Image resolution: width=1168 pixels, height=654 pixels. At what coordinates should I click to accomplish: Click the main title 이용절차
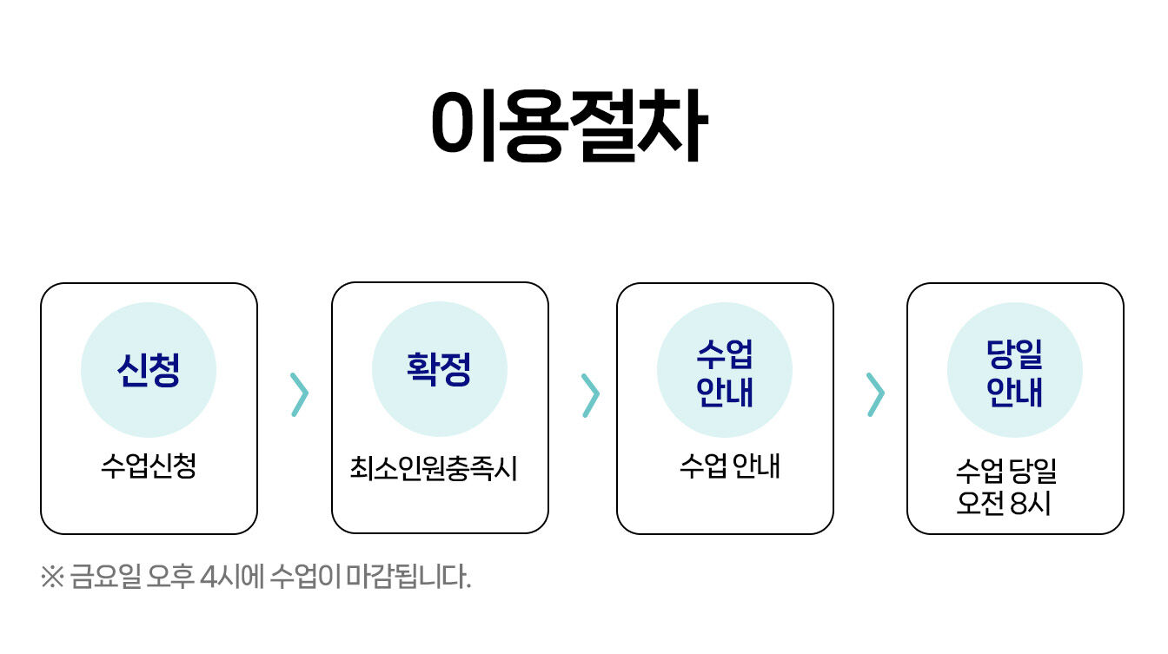tap(569, 126)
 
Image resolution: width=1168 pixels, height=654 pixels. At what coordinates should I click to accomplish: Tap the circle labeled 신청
tap(149, 370)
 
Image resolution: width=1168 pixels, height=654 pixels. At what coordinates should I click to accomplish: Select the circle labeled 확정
tap(440, 369)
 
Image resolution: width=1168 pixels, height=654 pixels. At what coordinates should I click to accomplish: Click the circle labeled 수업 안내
tap(725, 370)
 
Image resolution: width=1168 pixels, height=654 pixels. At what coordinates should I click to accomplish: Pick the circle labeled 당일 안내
tap(1015, 370)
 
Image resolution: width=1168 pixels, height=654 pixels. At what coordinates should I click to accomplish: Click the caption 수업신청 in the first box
tap(149, 466)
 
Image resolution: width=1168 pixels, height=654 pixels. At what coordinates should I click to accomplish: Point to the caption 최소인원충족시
tap(434, 468)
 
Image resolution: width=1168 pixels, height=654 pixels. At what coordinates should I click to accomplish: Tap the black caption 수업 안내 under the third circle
tap(729, 466)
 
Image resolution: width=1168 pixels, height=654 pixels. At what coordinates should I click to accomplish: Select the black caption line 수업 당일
tap(1006, 471)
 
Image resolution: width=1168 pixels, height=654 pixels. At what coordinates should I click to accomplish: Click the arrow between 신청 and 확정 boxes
tap(300, 394)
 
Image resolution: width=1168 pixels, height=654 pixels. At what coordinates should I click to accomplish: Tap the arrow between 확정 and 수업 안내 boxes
tap(591, 395)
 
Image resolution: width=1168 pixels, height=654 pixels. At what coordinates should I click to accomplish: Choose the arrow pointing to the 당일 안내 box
tap(876, 394)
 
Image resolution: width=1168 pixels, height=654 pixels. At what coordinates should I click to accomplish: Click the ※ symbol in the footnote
tap(52, 577)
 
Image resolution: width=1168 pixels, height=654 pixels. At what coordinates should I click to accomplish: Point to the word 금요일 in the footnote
tap(105, 577)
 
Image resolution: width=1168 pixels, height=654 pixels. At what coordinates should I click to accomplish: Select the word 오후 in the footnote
tap(170, 577)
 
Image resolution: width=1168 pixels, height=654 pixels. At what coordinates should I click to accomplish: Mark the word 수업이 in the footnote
tap(306, 577)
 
